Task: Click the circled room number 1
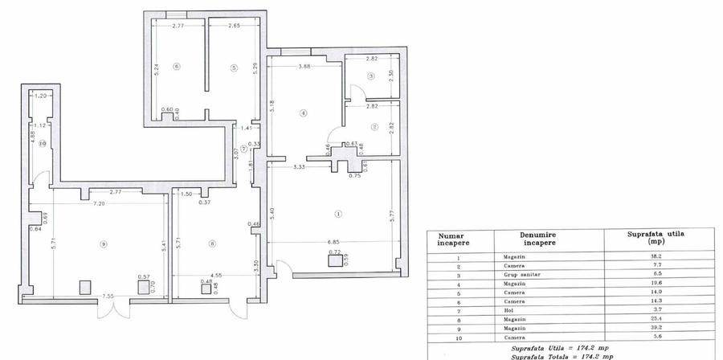pyautogui.click(x=338, y=214)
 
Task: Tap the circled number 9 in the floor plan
pyautogui.click(x=104, y=243)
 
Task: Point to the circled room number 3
pyautogui.click(x=370, y=76)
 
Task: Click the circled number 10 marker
pyautogui.click(x=42, y=143)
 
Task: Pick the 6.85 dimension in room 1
pyautogui.click(x=333, y=243)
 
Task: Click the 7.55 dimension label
pyautogui.click(x=108, y=297)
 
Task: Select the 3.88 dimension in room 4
pyautogui.click(x=304, y=67)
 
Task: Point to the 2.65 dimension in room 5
pyautogui.click(x=234, y=27)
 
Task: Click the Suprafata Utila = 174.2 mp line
pyautogui.click(x=554, y=348)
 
